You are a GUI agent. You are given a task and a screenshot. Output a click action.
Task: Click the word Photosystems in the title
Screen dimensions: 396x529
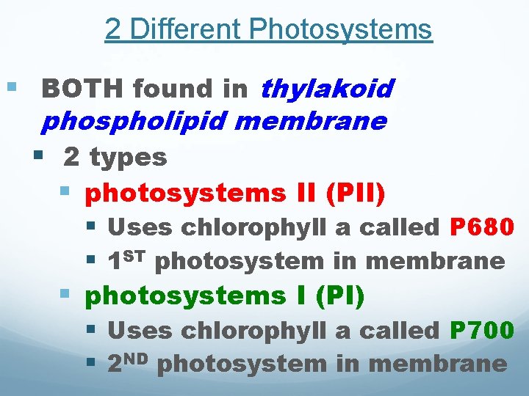340,30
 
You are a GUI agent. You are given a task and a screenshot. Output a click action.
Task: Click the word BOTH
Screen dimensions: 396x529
83,89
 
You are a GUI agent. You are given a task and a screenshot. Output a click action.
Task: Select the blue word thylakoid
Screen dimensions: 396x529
327,89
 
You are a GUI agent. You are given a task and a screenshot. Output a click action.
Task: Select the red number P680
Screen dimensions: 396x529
481,227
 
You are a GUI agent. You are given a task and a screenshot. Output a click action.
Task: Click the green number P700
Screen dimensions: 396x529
481,331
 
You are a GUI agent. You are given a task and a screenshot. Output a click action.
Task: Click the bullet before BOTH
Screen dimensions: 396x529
10,88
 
